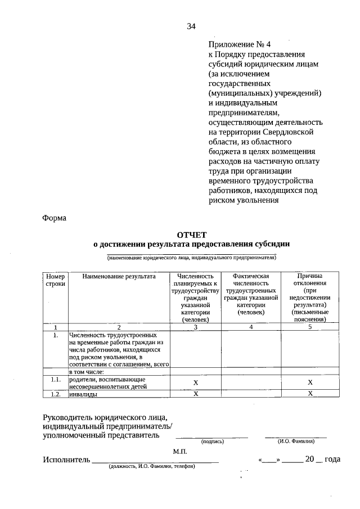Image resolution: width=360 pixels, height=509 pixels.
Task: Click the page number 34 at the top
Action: point(191,26)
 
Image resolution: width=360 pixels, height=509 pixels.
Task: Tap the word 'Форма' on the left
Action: point(55,218)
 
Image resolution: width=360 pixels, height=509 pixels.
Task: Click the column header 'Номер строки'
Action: point(56,280)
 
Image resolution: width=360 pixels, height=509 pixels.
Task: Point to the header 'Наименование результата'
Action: point(119,277)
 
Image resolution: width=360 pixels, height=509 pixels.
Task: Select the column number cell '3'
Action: point(196,326)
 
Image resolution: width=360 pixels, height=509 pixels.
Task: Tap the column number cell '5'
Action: point(310,326)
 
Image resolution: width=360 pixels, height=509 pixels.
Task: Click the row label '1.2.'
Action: point(56,394)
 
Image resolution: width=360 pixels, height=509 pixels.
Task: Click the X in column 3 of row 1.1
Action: point(196,382)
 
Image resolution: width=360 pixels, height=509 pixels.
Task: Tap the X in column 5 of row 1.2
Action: point(310,394)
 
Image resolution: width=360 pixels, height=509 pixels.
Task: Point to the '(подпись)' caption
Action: point(212,442)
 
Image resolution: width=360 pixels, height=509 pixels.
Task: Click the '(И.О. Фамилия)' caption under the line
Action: point(295,442)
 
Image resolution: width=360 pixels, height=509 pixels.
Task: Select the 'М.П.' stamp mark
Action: point(179,451)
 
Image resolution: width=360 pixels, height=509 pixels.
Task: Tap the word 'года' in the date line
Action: point(332,460)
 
